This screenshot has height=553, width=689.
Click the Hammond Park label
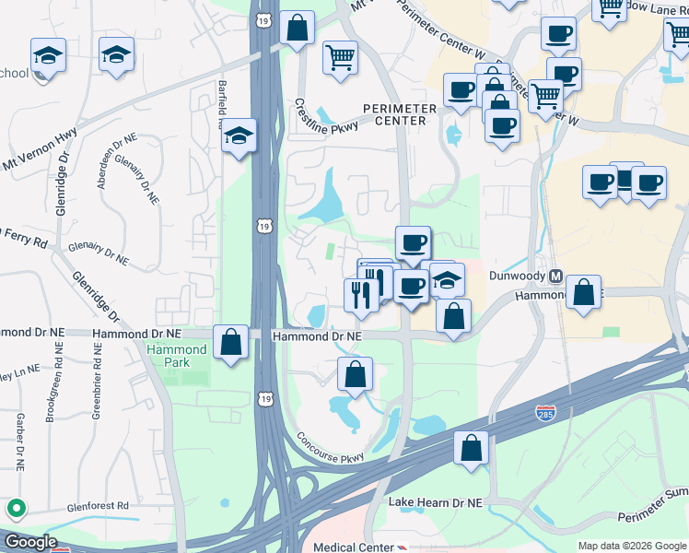pyautogui.click(x=177, y=356)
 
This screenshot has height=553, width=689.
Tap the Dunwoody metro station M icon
pyautogui.click(x=555, y=276)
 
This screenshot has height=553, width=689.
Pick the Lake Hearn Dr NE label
pyautogui.click(x=435, y=503)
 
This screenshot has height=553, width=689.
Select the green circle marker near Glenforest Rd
pyautogui.click(x=16, y=508)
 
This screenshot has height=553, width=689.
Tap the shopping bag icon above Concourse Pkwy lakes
pyautogui.click(x=355, y=374)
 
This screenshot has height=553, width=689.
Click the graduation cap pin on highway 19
pyautogui.click(x=239, y=136)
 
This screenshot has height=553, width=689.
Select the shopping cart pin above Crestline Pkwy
pyautogui.click(x=340, y=57)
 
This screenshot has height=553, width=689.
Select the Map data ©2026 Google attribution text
pyautogui.click(x=632, y=546)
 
